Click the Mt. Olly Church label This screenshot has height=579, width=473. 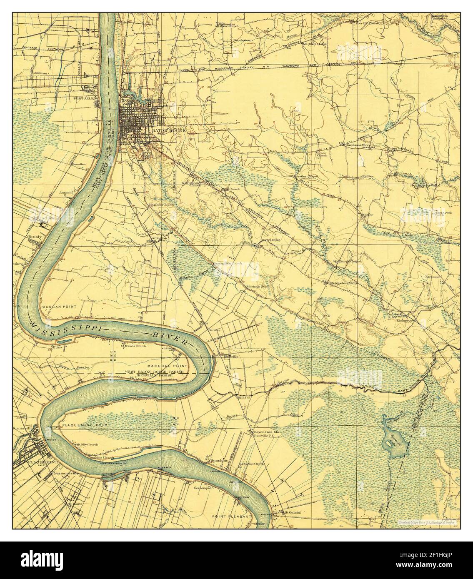click(87, 445)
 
